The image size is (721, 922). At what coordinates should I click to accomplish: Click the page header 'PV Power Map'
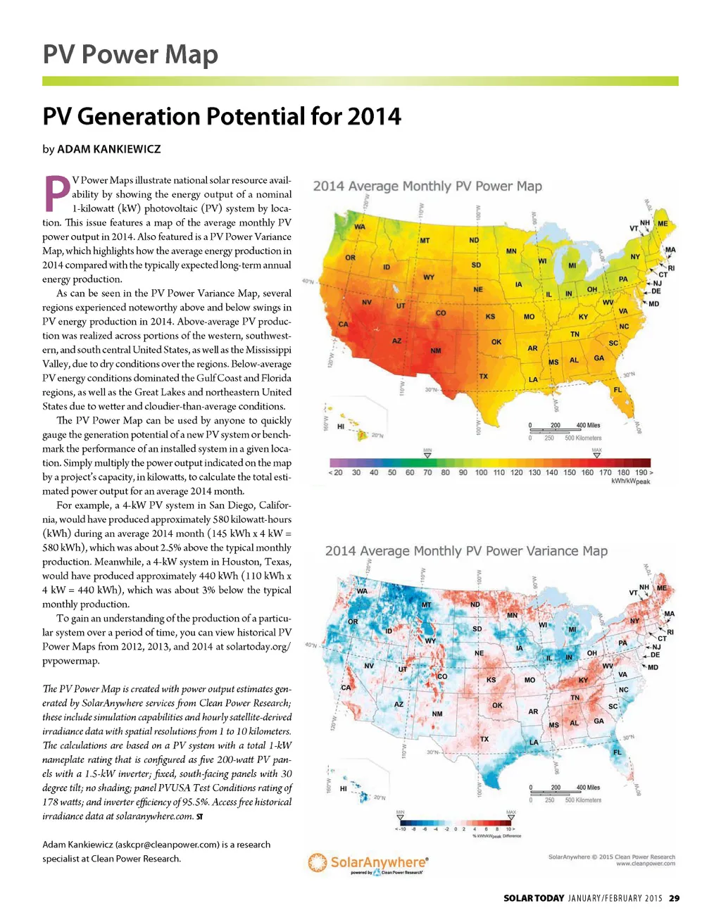(x=130, y=55)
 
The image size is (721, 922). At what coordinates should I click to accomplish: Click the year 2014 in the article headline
(x=368, y=116)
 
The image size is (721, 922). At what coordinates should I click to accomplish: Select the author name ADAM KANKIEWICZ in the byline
(x=108, y=149)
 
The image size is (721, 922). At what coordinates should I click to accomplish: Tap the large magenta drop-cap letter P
(x=56, y=194)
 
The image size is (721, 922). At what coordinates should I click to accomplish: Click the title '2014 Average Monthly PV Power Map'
(x=427, y=187)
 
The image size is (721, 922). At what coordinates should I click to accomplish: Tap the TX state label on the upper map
(x=483, y=376)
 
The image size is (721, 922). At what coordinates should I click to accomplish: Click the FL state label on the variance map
(x=617, y=752)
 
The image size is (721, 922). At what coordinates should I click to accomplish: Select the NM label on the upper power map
(x=436, y=351)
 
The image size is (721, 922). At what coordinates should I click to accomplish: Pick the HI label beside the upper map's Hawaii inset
(x=341, y=427)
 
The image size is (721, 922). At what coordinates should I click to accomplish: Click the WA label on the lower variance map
(x=362, y=591)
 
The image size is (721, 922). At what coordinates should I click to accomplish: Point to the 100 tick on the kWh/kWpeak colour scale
(x=481, y=473)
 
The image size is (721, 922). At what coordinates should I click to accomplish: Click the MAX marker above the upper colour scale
(x=596, y=453)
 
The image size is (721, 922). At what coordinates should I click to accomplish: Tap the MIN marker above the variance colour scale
(x=401, y=816)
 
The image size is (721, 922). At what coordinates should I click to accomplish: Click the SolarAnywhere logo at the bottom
(x=368, y=864)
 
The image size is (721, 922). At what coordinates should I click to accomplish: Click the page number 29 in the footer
(x=674, y=898)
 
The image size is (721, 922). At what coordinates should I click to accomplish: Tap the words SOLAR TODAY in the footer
(x=534, y=898)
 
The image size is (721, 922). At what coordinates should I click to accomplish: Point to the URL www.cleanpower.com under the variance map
(x=645, y=864)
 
